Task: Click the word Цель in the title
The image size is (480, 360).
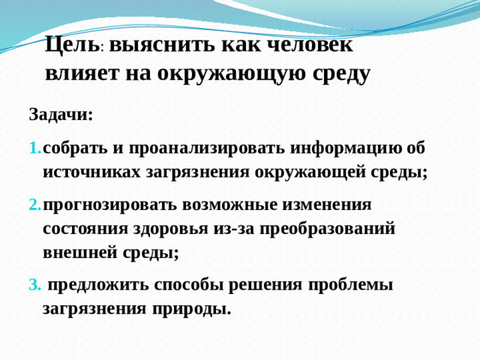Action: point(72,44)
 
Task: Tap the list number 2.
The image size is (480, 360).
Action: point(34,204)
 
